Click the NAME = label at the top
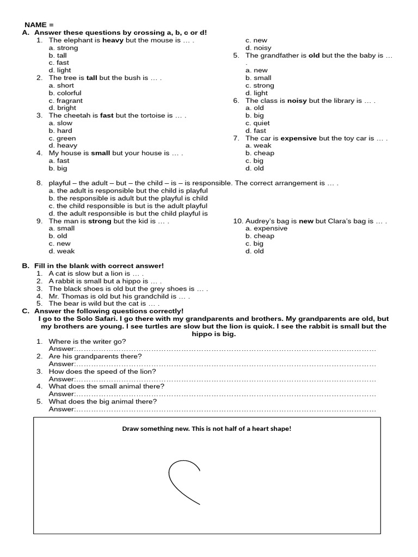[39, 25]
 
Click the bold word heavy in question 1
[113, 40]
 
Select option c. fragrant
[65, 101]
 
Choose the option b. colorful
[65, 93]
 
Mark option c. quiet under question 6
[257, 123]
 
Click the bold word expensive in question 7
[298, 138]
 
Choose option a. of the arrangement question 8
[128, 191]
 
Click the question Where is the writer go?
[87, 341]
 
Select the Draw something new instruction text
[206, 429]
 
